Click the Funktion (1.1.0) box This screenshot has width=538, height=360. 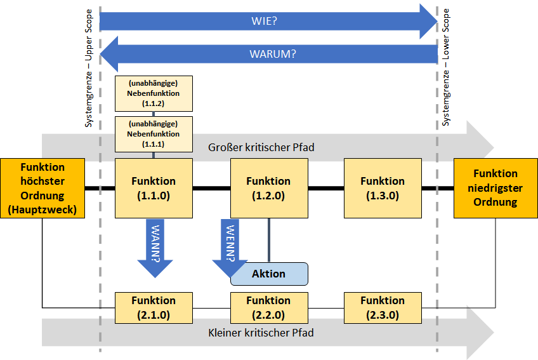154,188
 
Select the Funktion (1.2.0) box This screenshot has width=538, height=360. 269,188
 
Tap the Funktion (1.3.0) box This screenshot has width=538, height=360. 383,188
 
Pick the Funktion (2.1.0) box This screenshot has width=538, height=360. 154,308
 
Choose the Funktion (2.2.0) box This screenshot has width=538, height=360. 269,308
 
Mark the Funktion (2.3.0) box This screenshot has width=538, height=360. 383,308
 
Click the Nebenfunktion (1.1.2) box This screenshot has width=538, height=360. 154,93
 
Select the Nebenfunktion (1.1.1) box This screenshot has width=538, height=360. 154,134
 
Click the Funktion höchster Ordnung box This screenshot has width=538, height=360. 43,188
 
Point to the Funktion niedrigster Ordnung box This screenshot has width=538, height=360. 495,188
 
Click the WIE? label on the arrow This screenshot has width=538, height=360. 264,21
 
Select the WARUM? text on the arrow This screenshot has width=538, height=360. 273,54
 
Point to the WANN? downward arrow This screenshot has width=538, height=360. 155,248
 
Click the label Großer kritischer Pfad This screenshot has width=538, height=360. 261,147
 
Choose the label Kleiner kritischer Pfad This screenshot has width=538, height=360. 261,333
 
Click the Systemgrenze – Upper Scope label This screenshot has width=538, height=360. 89,68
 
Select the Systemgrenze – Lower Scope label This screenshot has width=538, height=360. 445,67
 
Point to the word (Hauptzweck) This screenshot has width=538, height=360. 43,210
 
